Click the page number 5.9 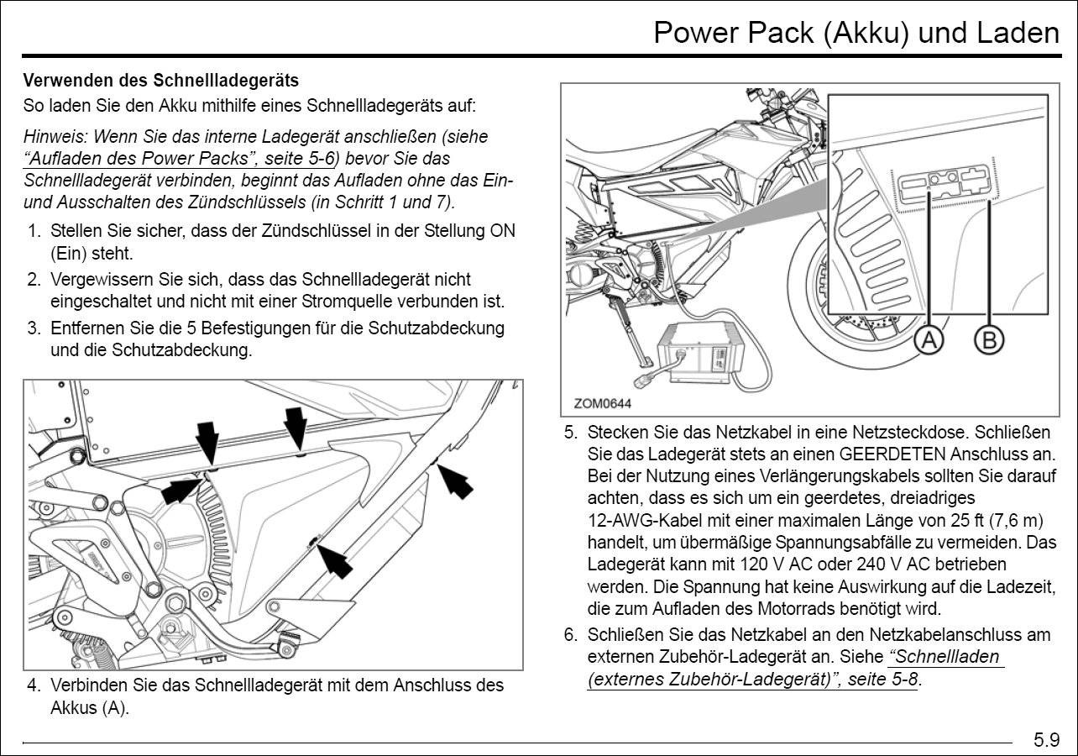click(1046, 740)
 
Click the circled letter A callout click(929, 340)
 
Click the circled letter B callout click(989, 340)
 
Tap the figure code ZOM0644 click(602, 403)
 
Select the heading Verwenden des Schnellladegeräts click(160, 81)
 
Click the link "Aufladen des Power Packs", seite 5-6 click(180, 158)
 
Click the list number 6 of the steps click(571, 635)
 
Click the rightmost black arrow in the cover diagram click(457, 480)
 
